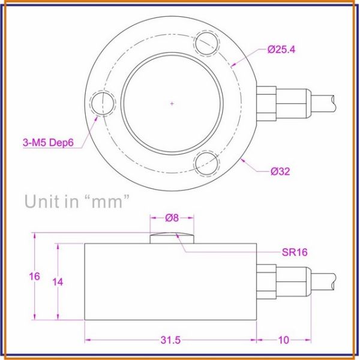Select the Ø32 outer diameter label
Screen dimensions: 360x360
click(x=280, y=171)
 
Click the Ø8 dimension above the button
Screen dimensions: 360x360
click(x=172, y=218)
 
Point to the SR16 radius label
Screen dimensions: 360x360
click(x=294, y=253)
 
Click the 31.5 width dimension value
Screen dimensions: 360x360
click(x=170, y=340)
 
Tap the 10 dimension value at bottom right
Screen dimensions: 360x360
click(x=283, y=340)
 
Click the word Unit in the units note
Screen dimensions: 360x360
click(x=43, y=201)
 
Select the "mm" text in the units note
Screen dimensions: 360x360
click(x=109, y=201)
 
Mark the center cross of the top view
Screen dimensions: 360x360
click(x=172, y=104)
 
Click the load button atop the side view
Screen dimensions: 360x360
click(x=172, y=238)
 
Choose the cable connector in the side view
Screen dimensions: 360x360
click(x=282, y=280)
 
